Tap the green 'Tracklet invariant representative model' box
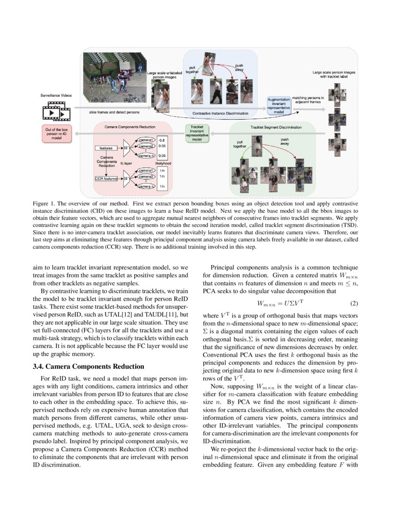[x=197, y=133]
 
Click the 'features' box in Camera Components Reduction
[x=105, y=148]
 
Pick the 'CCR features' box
[x=105, y=178]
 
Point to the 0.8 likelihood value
[x=162, y=140]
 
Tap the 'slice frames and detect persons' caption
[x=114, y=113]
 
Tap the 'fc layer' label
[x=126, y=162]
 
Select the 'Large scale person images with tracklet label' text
[x=334, y=74]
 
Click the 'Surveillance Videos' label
[x=56, y=95]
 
